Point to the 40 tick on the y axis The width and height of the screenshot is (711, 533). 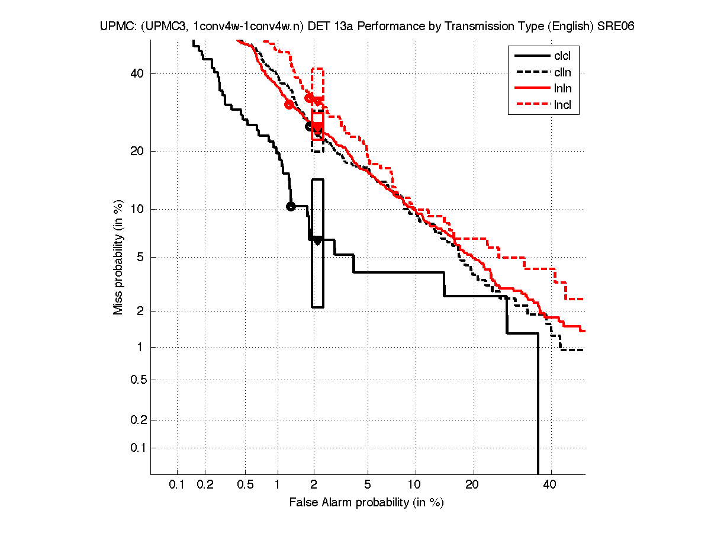(x=138, y=73)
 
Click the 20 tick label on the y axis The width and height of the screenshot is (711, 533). (x=138, y=151)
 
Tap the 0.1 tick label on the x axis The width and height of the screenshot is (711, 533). (x=177, y=485)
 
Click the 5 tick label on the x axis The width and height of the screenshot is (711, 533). (x=368, y=485)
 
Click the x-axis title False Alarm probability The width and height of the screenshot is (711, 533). (x=366, y=503)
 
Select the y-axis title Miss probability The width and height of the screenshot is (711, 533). (x=118, y=258)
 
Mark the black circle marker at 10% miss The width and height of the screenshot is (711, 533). (x=291, y=206)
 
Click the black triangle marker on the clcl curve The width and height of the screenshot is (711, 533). (x=317, y=240)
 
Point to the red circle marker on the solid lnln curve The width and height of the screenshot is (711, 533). (x=289, y=104)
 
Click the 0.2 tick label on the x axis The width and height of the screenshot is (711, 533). (x=205, y=485)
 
